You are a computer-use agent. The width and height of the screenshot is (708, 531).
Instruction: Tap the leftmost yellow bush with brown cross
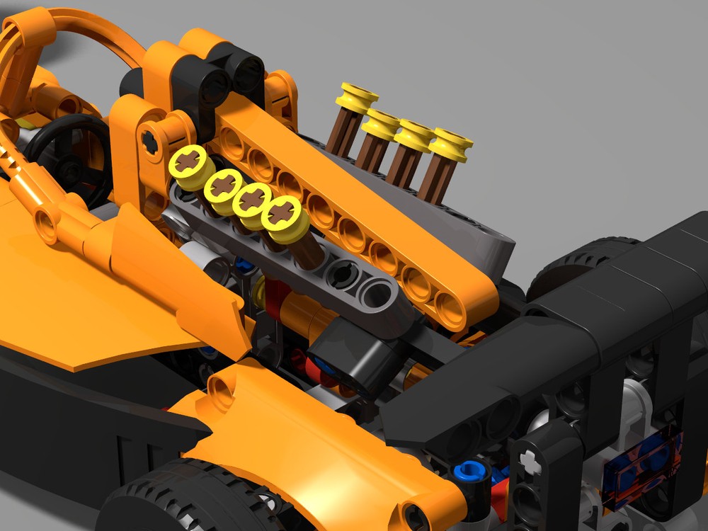click(192, 164)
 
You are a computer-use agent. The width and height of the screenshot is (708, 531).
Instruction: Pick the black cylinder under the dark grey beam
click(347, 354)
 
